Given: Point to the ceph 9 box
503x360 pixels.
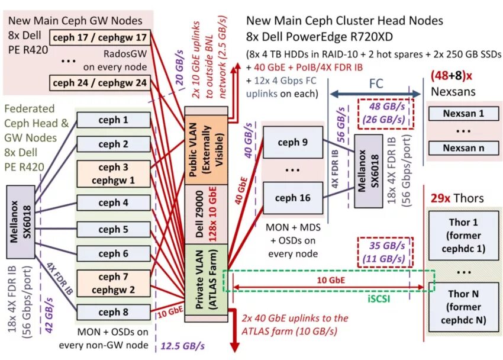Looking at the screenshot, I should point(292,142).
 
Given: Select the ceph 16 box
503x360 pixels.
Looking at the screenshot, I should point(292,198).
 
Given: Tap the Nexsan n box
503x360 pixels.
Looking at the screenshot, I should point(464,147).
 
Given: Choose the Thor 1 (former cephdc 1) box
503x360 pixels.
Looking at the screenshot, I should point(464,235).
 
